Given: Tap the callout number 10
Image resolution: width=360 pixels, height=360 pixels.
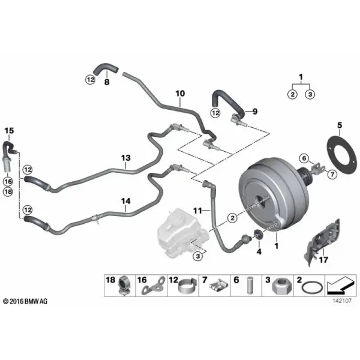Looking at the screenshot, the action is click(x=180, y=94).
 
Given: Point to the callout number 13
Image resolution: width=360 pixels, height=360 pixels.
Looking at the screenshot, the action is click(x=126, y=158).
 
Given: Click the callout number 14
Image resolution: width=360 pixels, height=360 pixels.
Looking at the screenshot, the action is click(x=126, y=201).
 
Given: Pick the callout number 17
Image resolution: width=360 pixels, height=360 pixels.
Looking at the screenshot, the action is click(x=323, y=260).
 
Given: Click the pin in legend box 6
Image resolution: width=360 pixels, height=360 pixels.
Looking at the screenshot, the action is click(x=250, y=286).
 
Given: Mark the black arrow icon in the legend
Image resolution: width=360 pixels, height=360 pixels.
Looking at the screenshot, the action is click(x=340, y=285).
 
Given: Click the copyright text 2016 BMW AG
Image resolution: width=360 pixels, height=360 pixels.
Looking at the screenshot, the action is click(x=25, y=301).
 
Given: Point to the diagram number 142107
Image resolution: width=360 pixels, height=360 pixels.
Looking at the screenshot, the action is click(x=342, y=301).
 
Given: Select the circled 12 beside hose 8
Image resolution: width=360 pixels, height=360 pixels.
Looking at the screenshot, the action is click(x=90, y=80).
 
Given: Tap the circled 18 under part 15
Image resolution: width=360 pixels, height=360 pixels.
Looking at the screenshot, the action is click(x=8, y=191).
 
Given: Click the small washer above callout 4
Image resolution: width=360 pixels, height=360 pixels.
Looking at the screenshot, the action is click(x=259, y=235).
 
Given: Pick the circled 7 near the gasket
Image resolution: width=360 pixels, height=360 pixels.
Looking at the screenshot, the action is click(x=332, y=175).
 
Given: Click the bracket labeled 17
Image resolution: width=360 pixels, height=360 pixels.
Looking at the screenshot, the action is click(x=323, y=242).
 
